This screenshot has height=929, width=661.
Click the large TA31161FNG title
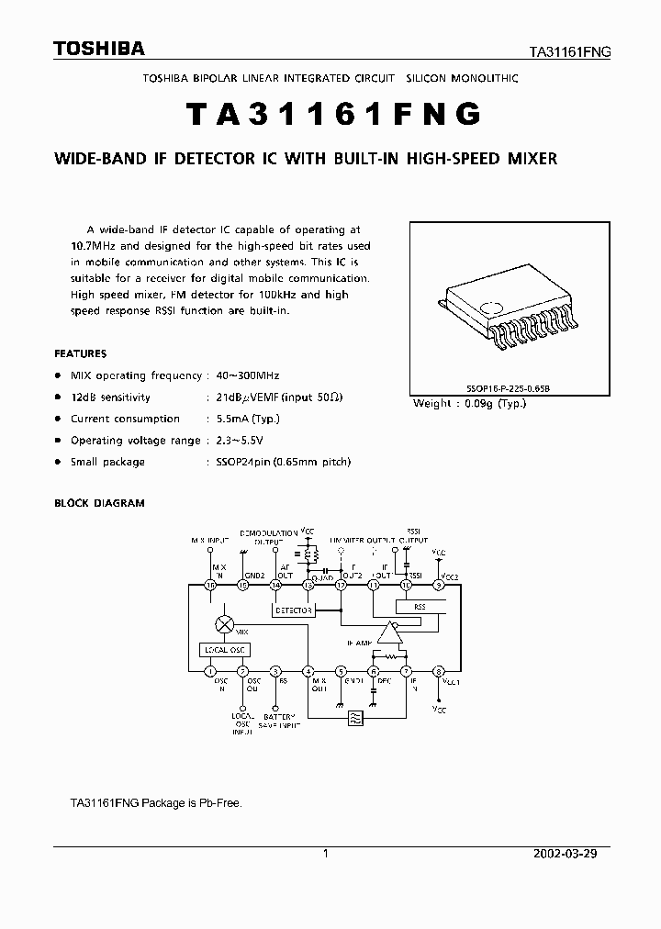[x=332, y=114]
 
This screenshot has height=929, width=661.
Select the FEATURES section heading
[x=81, y=353]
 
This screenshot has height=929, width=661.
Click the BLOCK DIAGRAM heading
[x=99, y=503]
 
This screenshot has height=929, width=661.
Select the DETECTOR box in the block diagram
[x=294, y=610]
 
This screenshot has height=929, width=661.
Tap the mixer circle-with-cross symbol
[x=223, y=624]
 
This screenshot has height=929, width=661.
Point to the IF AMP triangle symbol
[x=392, y=632]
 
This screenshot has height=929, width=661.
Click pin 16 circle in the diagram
[x=210, y=585]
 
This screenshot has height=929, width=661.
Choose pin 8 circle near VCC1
[x=439, y=671]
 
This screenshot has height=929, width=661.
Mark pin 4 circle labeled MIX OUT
[x=308, y=671]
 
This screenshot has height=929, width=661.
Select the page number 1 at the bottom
[x=326, y=854]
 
